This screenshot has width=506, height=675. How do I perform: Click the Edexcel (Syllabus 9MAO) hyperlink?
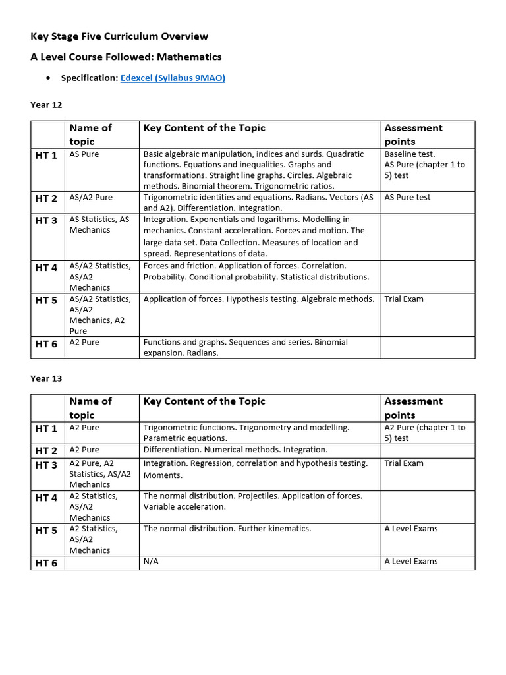(x=173, y=78)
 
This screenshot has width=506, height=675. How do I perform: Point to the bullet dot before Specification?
(x=49, y=78)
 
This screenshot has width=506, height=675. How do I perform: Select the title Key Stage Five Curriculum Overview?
(x=119, y=36)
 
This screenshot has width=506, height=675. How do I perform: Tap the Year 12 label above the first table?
(x=46, y=104)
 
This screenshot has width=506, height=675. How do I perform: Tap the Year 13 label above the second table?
(x=46, y=378)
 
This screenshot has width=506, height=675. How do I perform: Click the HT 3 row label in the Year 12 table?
(x=47, y=221)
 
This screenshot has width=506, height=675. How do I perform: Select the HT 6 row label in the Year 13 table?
(x=47, y=562)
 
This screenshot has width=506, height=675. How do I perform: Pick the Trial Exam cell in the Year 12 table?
(x=404, y=299)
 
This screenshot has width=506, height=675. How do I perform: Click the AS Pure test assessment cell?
(x=407, y=197)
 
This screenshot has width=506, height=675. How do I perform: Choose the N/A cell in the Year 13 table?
(x=151, y=561)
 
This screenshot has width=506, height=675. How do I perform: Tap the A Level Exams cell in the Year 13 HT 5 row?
(x=411, y=528)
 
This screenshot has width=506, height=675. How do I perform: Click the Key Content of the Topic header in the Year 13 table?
(x=204, y=401)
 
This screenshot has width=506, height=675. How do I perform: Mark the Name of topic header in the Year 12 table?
(x=91, y=134)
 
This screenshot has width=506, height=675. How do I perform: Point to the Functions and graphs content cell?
(x=245, y=347)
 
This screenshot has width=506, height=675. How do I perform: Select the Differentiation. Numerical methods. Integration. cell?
(x=235, y=450)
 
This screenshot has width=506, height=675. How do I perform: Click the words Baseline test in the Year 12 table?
(x=410, y=154)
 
